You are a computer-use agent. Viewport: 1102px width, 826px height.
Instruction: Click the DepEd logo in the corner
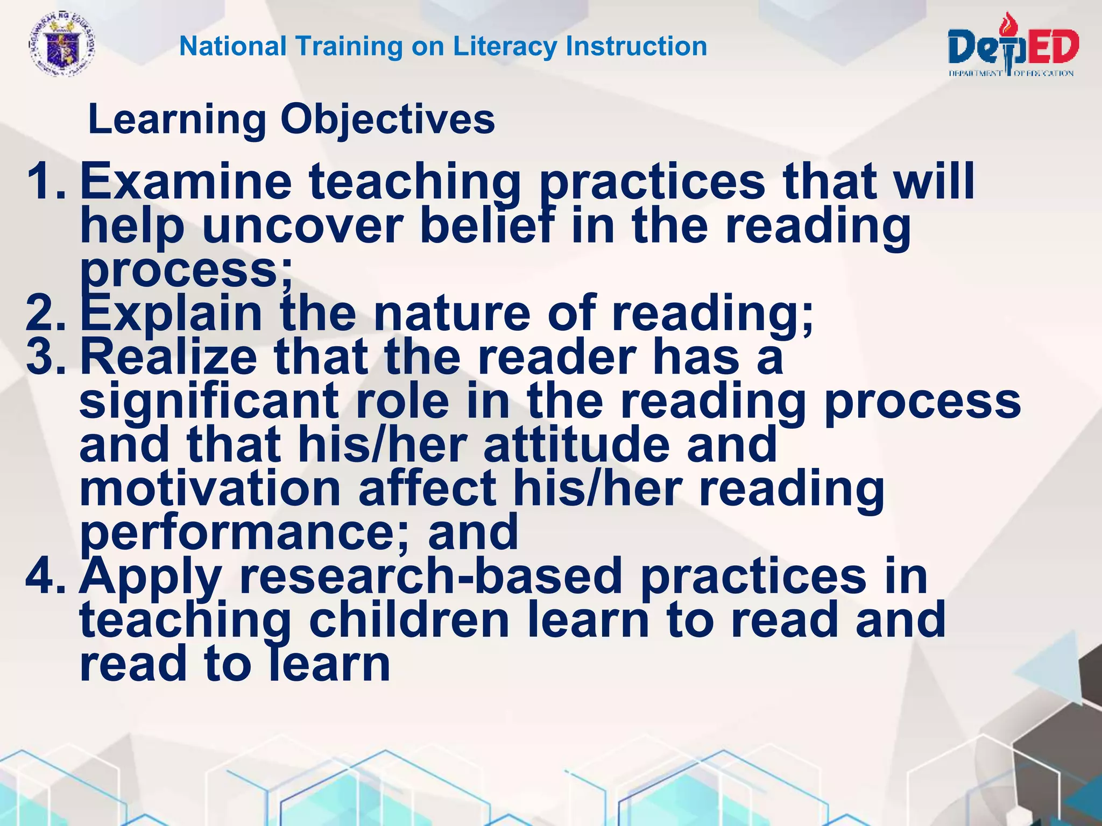1013,47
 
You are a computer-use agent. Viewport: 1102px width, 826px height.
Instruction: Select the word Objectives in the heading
387,119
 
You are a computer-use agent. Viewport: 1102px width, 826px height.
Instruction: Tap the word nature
452,314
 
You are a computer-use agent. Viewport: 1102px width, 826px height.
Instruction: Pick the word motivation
210,489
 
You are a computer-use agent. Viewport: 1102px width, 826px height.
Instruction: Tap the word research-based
430,576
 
